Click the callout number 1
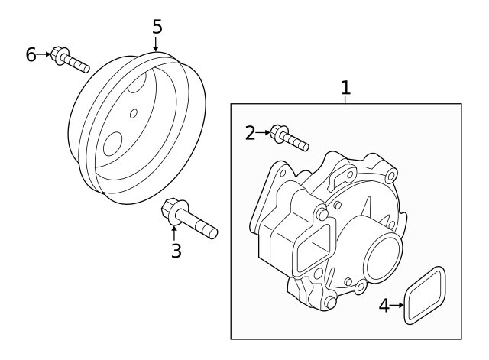tap(345, 88)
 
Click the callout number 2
tap(250, 133)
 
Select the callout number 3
tap(176, 250)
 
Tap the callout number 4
tap(385, 306)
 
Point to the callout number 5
tap(157, 27)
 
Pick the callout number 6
tap(31, 54)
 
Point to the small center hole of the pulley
tap(134, 113)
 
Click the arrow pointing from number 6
tap(44, 54)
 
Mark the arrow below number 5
tap(157, 44)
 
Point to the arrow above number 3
tap(175, 231)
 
